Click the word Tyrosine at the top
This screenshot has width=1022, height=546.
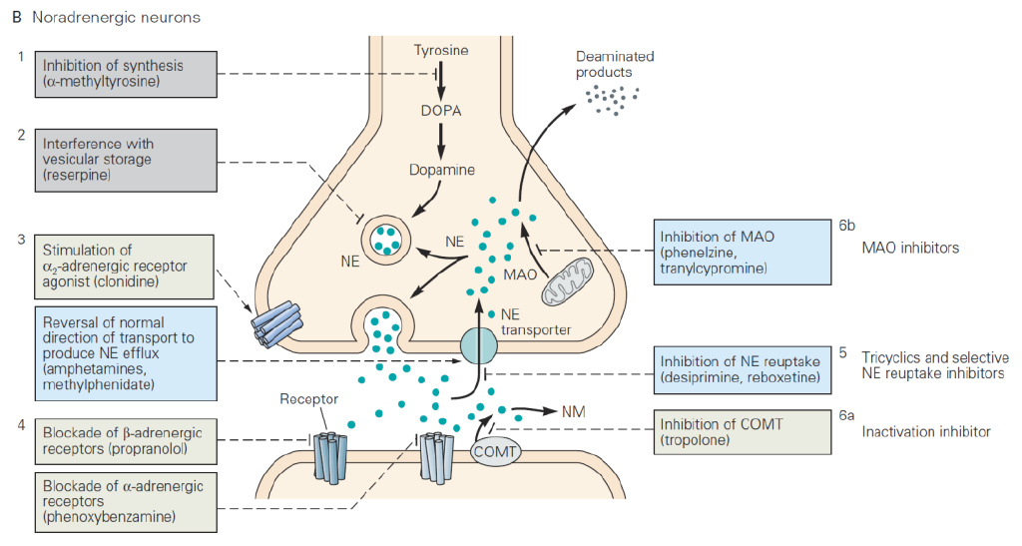[440, 49]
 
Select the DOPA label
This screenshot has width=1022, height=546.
[439, 110]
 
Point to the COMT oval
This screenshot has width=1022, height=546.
[496, 450]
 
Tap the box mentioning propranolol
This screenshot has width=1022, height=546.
[128, 441]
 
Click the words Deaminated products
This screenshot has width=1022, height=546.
[615, 65]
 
